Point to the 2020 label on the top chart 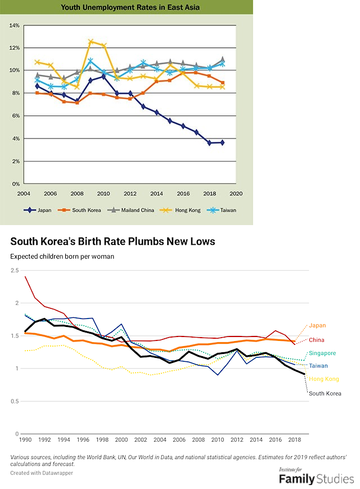(x=236, y=194)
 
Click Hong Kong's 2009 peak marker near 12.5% (x=91, y=42)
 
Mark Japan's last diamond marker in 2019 (x=223, y=142)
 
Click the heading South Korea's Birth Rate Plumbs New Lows (x=112, y=241)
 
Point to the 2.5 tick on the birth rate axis (x=13, y=271)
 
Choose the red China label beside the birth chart (x=317, y=340)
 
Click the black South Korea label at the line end (x=325, y=393)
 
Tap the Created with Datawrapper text (x=41, y=473)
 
